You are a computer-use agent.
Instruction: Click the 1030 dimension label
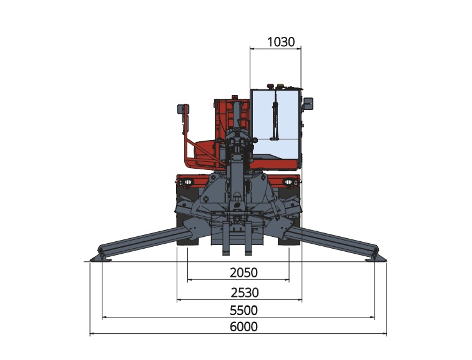[x=281, y=42]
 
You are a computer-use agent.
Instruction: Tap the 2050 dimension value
[x=244, y=272]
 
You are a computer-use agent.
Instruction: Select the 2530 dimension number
[x=245, y=292]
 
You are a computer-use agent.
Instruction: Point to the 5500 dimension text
[x=244, y=310]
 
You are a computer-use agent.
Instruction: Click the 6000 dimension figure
[x=244, y=326]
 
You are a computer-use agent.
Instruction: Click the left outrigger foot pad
[x=101, y=258]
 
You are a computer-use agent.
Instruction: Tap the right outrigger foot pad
[x=376, y=258]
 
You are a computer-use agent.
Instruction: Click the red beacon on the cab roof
[x=270, y=86]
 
